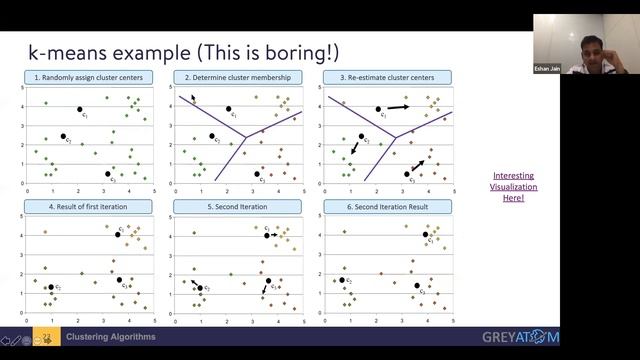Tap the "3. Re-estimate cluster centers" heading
(387, 77)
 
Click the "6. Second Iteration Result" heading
(387, 206)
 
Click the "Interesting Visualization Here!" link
(514, 187)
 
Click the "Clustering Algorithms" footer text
(111, 337)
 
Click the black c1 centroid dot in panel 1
(79, 109)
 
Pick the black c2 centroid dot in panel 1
(63, 136)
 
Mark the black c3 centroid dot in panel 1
(107, 174)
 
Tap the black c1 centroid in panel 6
(425, 235)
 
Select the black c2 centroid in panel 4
(51, 288)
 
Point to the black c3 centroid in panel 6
(417, 285)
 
